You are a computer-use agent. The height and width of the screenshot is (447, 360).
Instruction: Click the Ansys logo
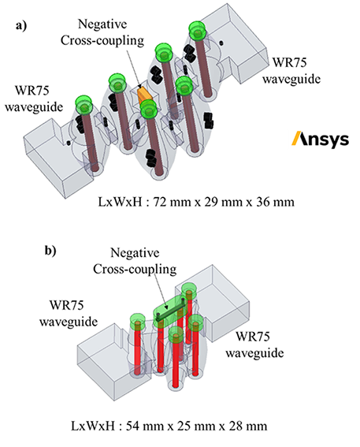pos(321,140)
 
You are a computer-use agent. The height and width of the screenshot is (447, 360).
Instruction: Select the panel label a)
pos(21,26)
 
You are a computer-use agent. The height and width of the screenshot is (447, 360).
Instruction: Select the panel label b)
pos(50,251)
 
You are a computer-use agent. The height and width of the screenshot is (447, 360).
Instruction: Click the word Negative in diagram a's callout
pos(102,24)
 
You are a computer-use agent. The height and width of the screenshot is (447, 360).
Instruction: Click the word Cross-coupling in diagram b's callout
pos(135,269)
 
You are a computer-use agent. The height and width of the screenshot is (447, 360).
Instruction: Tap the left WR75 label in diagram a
pos(32,91)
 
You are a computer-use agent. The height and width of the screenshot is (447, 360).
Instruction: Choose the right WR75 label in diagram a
pos(290,62)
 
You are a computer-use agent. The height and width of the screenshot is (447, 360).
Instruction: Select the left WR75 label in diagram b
pos(67,305)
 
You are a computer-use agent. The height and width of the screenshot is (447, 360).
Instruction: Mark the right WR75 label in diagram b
pos(253,337)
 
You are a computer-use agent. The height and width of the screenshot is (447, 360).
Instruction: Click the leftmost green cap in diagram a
pos(84,104)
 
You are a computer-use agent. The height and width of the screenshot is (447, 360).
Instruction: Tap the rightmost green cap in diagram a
pos(197,30)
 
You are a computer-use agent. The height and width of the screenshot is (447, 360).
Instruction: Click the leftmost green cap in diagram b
pos(138,321)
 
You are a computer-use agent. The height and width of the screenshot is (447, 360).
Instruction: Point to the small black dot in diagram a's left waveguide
pos(69,143)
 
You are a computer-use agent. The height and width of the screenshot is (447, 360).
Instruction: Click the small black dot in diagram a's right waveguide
pos(221,43)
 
